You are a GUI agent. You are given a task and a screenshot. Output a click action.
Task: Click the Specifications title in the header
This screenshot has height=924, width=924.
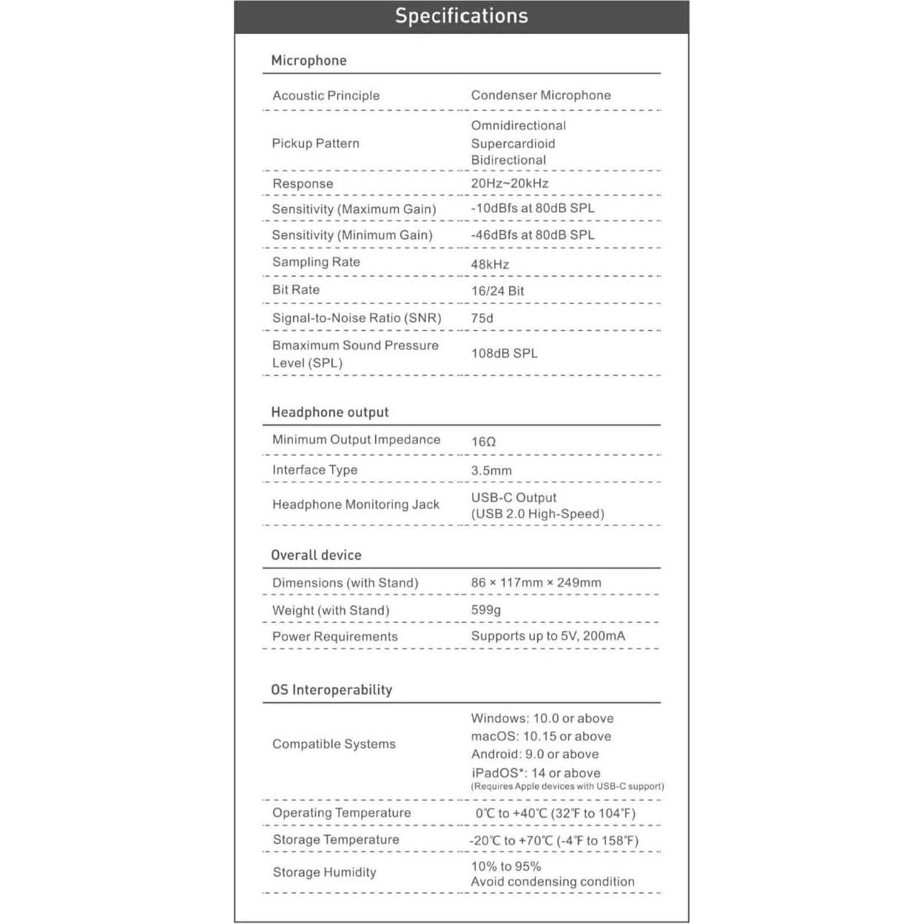[x=461, y=16]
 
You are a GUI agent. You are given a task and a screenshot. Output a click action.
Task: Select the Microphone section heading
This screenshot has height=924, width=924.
[x=308, y=61]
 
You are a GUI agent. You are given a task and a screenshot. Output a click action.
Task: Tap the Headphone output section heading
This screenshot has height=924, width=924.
[x=329, y=412]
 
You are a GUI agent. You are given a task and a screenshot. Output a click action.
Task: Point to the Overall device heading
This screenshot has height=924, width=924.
[x=316, y=555]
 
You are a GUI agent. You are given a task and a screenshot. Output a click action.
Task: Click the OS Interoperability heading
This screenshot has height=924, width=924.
[x=331, y=689]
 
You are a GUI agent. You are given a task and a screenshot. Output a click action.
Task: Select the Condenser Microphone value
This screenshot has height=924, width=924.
[x=541, y=95]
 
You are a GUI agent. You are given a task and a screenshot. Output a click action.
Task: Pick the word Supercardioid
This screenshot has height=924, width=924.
[x=513, y=144]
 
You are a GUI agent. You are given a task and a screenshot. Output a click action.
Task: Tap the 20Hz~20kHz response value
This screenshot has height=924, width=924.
[x=510, y=183]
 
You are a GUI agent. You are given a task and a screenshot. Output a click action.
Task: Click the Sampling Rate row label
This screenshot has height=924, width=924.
[x=316, y=262]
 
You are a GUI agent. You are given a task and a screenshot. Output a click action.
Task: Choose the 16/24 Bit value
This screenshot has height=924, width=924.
[x=497, y=291]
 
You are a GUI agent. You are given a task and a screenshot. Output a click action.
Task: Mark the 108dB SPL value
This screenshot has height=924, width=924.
[x=505, y=353]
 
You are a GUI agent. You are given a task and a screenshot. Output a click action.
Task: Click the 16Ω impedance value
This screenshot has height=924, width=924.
[x=483, y=442]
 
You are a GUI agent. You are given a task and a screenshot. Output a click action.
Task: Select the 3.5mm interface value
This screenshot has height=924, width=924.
[x=491, y=471]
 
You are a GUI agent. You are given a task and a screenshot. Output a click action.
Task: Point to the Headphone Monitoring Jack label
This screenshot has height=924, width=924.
[x=355, y=505]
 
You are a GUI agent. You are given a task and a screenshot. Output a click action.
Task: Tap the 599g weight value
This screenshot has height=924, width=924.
[x=486, y=610]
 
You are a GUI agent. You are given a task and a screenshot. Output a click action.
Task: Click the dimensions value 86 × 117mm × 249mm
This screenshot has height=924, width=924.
[x=536, y=582]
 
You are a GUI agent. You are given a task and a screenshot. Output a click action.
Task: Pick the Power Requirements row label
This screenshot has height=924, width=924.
[x=334, y=636]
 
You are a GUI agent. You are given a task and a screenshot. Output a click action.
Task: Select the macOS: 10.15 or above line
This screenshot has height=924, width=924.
[x=541, y=736]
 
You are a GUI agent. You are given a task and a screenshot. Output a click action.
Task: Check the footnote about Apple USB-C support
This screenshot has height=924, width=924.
[x=567, y=786]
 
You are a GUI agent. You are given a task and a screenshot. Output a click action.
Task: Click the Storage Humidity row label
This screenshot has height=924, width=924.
[x=324, y=872]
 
